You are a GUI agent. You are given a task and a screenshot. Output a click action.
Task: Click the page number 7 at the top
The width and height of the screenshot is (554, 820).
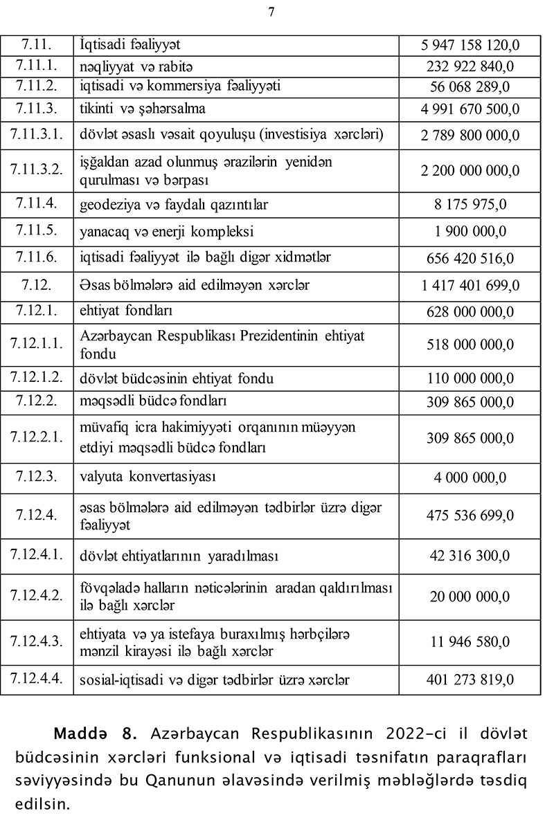point(271,11)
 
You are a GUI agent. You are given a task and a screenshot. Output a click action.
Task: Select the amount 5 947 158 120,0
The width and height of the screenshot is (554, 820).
point(470,46)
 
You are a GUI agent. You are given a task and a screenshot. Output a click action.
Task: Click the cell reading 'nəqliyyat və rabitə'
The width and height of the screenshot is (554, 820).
point(136,66)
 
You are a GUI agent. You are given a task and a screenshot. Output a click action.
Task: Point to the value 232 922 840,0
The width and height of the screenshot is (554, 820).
point(470,67)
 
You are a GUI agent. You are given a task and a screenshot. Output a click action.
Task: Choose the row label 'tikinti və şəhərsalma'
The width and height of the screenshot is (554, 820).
point(143,109)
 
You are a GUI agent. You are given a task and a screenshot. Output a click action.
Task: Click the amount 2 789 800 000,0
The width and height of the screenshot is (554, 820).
point(470,136)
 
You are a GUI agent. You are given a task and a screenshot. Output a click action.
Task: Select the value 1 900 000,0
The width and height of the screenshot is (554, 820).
point(470,231)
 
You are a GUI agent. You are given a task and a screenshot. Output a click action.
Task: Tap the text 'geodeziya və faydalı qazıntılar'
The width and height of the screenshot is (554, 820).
point(174,205)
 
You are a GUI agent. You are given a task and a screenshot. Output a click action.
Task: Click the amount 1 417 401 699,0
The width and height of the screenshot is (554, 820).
point(470,285)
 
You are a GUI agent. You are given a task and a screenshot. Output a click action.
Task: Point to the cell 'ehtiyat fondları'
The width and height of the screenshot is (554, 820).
point(126,311)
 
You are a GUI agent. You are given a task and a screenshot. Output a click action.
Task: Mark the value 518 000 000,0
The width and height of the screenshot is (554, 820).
point(470,345)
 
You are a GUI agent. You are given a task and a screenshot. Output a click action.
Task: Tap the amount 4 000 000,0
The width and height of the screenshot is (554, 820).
point(470,477)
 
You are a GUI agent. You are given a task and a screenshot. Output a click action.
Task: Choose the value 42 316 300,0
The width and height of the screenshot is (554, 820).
point(470,556)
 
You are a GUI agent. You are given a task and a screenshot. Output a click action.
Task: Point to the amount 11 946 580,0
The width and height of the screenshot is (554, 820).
point(470,642)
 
